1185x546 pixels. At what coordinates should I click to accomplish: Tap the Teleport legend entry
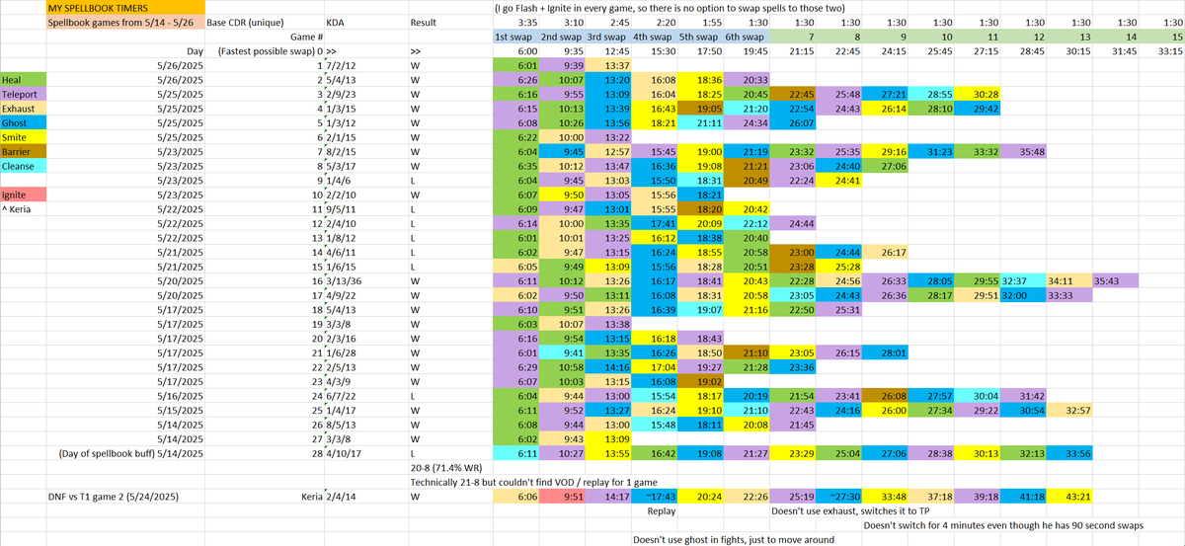pos(21,94)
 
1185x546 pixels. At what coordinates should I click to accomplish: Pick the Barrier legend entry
pos(18,152)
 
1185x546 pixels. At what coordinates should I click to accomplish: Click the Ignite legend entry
pos(16,195)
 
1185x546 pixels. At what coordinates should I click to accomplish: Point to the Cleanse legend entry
pos(20,167)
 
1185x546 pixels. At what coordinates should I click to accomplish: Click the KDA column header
pos(335,22)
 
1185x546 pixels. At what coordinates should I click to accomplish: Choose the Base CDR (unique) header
pos(252,22)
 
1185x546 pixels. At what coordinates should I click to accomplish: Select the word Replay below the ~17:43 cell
pos(661,511)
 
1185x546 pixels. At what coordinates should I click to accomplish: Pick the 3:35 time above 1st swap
pos(527,22)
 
